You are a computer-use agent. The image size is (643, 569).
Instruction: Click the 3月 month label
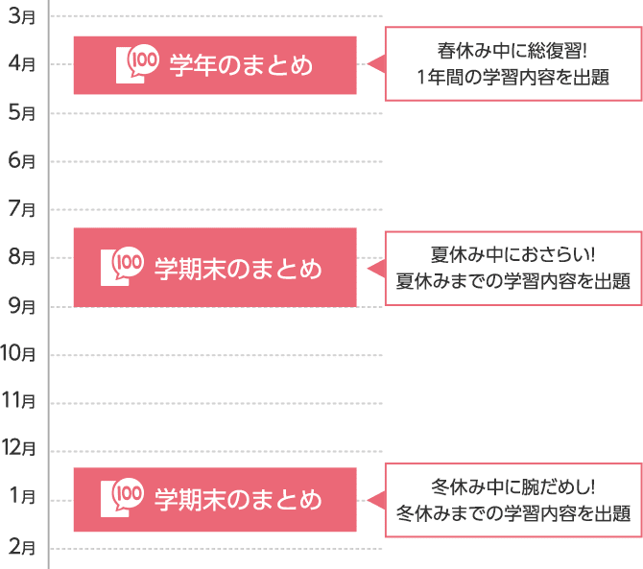[x=21, y=16]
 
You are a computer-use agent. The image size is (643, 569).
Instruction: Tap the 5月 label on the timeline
[x=21, y=112]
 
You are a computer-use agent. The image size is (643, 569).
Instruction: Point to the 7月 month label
[x=21, y=208]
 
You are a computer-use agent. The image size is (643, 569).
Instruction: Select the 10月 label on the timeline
[x=18, y=354]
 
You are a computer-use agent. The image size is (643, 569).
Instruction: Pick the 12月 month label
[x=18, y=447]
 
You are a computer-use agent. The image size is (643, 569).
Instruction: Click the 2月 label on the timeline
[x=21, y=548]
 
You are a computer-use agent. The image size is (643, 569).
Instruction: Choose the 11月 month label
[x=18, y=400]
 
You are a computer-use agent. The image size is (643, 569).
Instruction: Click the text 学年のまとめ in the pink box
[x=241, y=65]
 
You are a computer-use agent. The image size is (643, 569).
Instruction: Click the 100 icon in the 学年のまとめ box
[x=136, y=63]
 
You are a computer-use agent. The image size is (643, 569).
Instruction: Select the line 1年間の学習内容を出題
[x=512, y=78]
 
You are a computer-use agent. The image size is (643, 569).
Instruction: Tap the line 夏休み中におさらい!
[x=512, y=255]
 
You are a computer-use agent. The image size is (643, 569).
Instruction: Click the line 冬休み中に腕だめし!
[x=512, y=486]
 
